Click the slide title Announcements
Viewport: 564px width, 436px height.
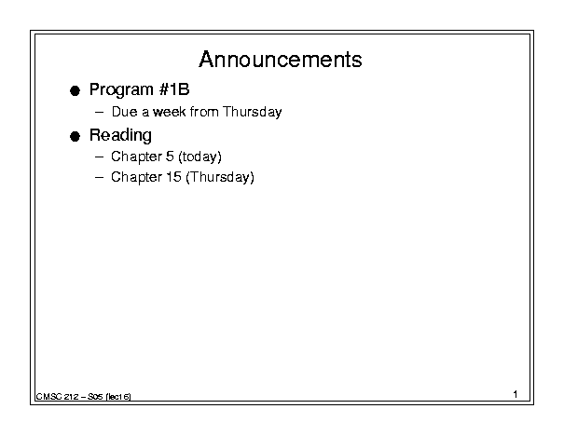pyautogui.click(x=281, y=60)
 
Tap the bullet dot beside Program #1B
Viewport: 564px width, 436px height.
pyautogui.click(x=75, y=90)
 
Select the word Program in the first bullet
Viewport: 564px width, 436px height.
pyautogui.click(x=121, y=89)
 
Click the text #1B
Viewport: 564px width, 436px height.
pyautogui.click(x=174, y=89)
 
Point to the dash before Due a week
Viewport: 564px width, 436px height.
pyautogui.click(x=99, y=112)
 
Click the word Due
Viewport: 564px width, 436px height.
pyautogui.click(x=125, y=112)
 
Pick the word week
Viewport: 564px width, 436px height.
pyautogui.click(x=169, y=112)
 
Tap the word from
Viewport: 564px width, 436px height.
pyautogui.click(x=204, y=112)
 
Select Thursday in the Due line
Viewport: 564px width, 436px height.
pyautogui.click(x=252, y=113)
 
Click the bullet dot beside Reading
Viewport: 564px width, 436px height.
pyautogui.click(x=75, y=137)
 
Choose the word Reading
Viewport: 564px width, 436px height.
pyautogui.click(x=120, y=136)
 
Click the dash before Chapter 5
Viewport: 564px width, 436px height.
pyautogui.click(x=99, y=157)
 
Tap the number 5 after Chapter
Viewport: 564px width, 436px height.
pyautogui.click(x=170, y=157)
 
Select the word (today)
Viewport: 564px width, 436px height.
pyautogui.click(x=199, y=157)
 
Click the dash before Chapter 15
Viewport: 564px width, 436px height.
pyautogui.click(x=99, y=177)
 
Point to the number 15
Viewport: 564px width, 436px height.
pyautogui.click(x=173, y=177)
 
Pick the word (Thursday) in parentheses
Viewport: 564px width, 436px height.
pyautogui.click(x=220, y=178)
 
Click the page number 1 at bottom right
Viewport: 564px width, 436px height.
pyautogui.click(x=516, y=394)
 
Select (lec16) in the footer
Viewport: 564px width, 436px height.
pyautogui.click(x=118, y=397)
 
